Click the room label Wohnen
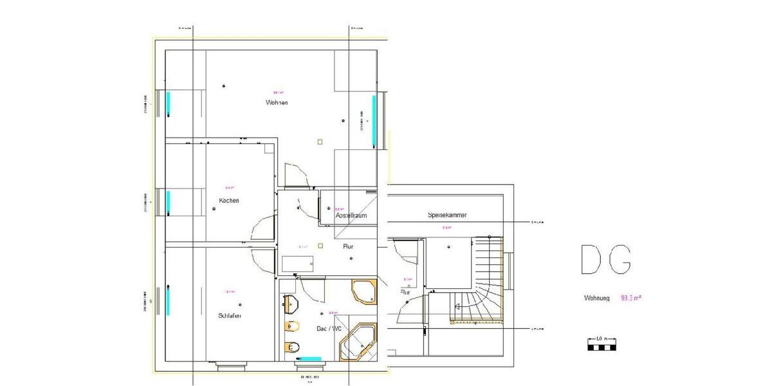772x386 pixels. pyautogui.click(x=276, y=103)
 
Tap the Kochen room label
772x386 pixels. pyautogui.click(x=229, y=201)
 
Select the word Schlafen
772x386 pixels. pyautogui.click(x=230, y=315)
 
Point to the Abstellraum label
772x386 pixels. pyautogui.click(x=351, y=216)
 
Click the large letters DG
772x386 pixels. pyautogui.click(x=605, y=260)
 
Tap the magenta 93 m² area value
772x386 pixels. pyautogui.click(x=631, y=299)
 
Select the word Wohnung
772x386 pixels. pyautogui.click(x=597, y=299)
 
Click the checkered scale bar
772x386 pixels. pyautogui.click(x=602, y=347)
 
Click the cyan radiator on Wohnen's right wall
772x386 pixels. pyautogui.click(x=374, y=122)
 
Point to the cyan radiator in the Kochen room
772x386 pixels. pyautogui.click(x=169, y=202)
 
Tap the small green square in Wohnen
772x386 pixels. pyautogui.click(x=320, y=142)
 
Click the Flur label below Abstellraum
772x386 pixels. pyautogui.click(x=348, y=246)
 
